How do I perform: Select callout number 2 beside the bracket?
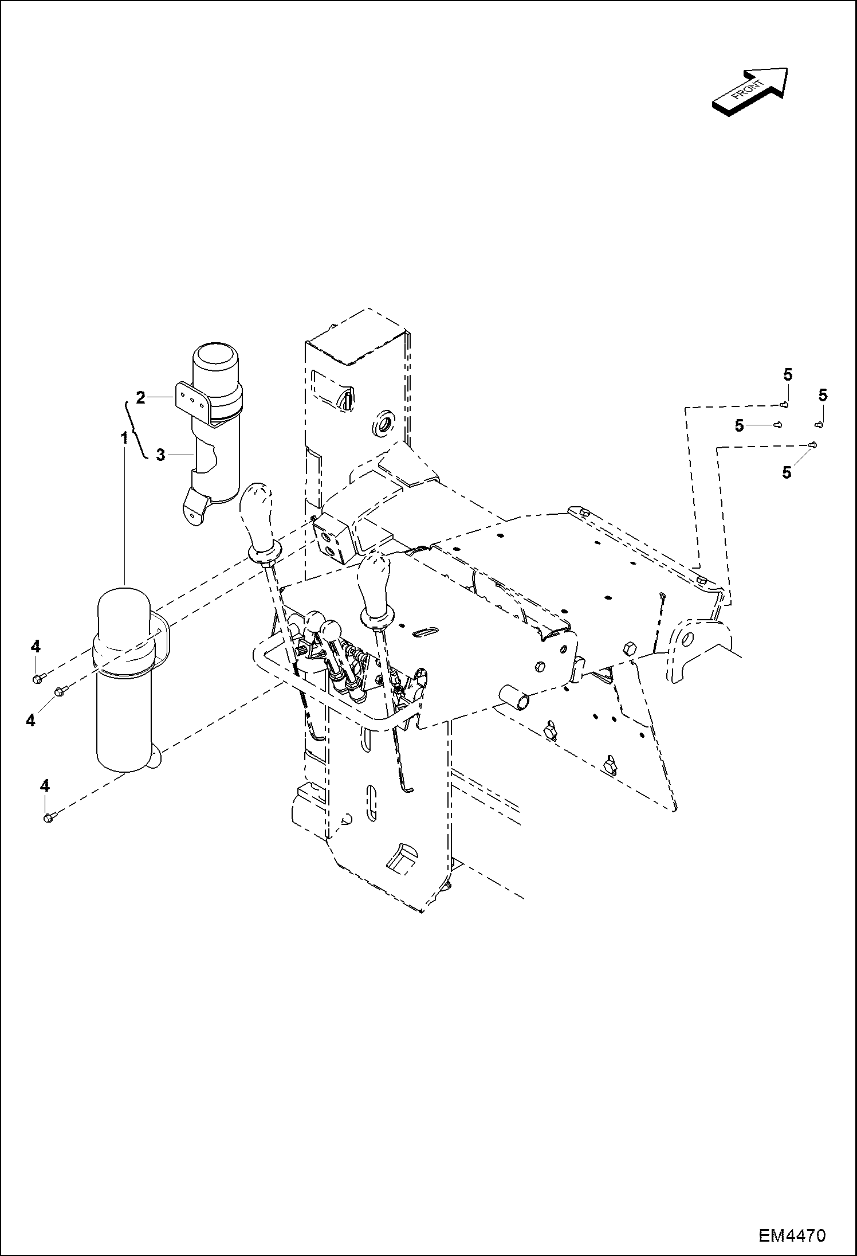tap(140, 396)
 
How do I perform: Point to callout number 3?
tap(160, 455)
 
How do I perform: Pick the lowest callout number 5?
tap(787, 472)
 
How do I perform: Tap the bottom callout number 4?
tap(44, 785)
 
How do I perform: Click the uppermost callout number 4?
tap(36, 646)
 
